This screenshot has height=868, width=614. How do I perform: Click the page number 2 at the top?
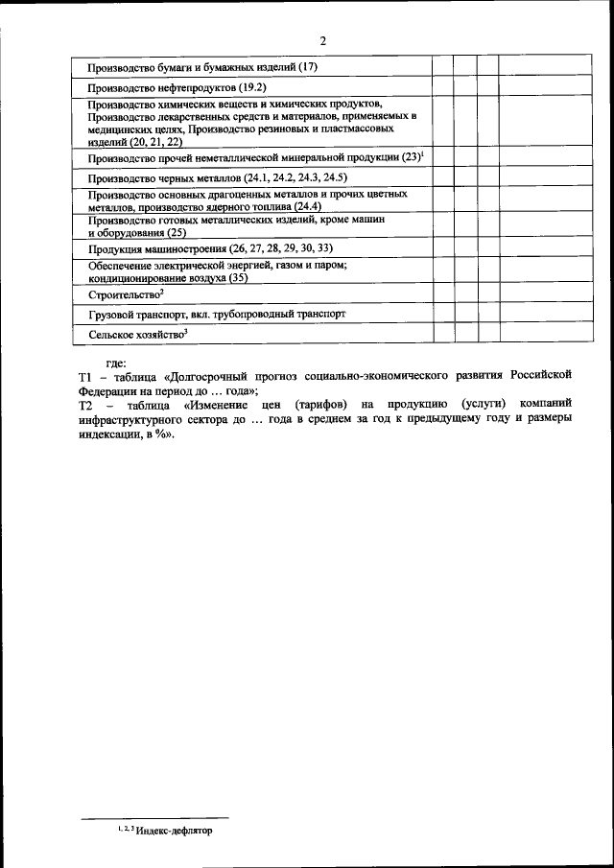click(x=323, y=40)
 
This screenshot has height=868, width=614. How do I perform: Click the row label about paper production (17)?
click(x=201, y=67)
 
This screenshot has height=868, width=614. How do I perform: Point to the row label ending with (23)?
click(x=255, y=157)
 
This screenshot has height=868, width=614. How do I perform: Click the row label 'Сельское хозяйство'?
click(x=134, y=333)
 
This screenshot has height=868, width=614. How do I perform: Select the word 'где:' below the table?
click(x=116, y=363)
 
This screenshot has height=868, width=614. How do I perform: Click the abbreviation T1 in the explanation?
click(x=84, y=377)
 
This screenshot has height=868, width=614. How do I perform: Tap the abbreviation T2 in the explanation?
click(x=84, y=406)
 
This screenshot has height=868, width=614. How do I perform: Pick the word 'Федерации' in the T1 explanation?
click(x=106, y=391)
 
